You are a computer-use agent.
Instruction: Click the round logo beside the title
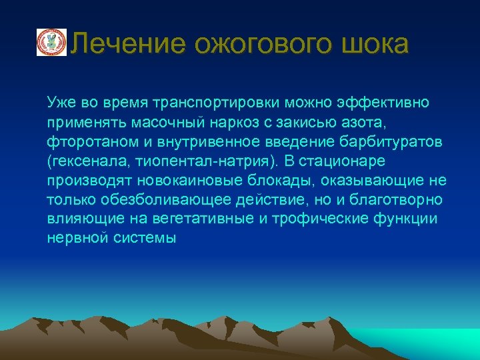click(51, 42)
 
